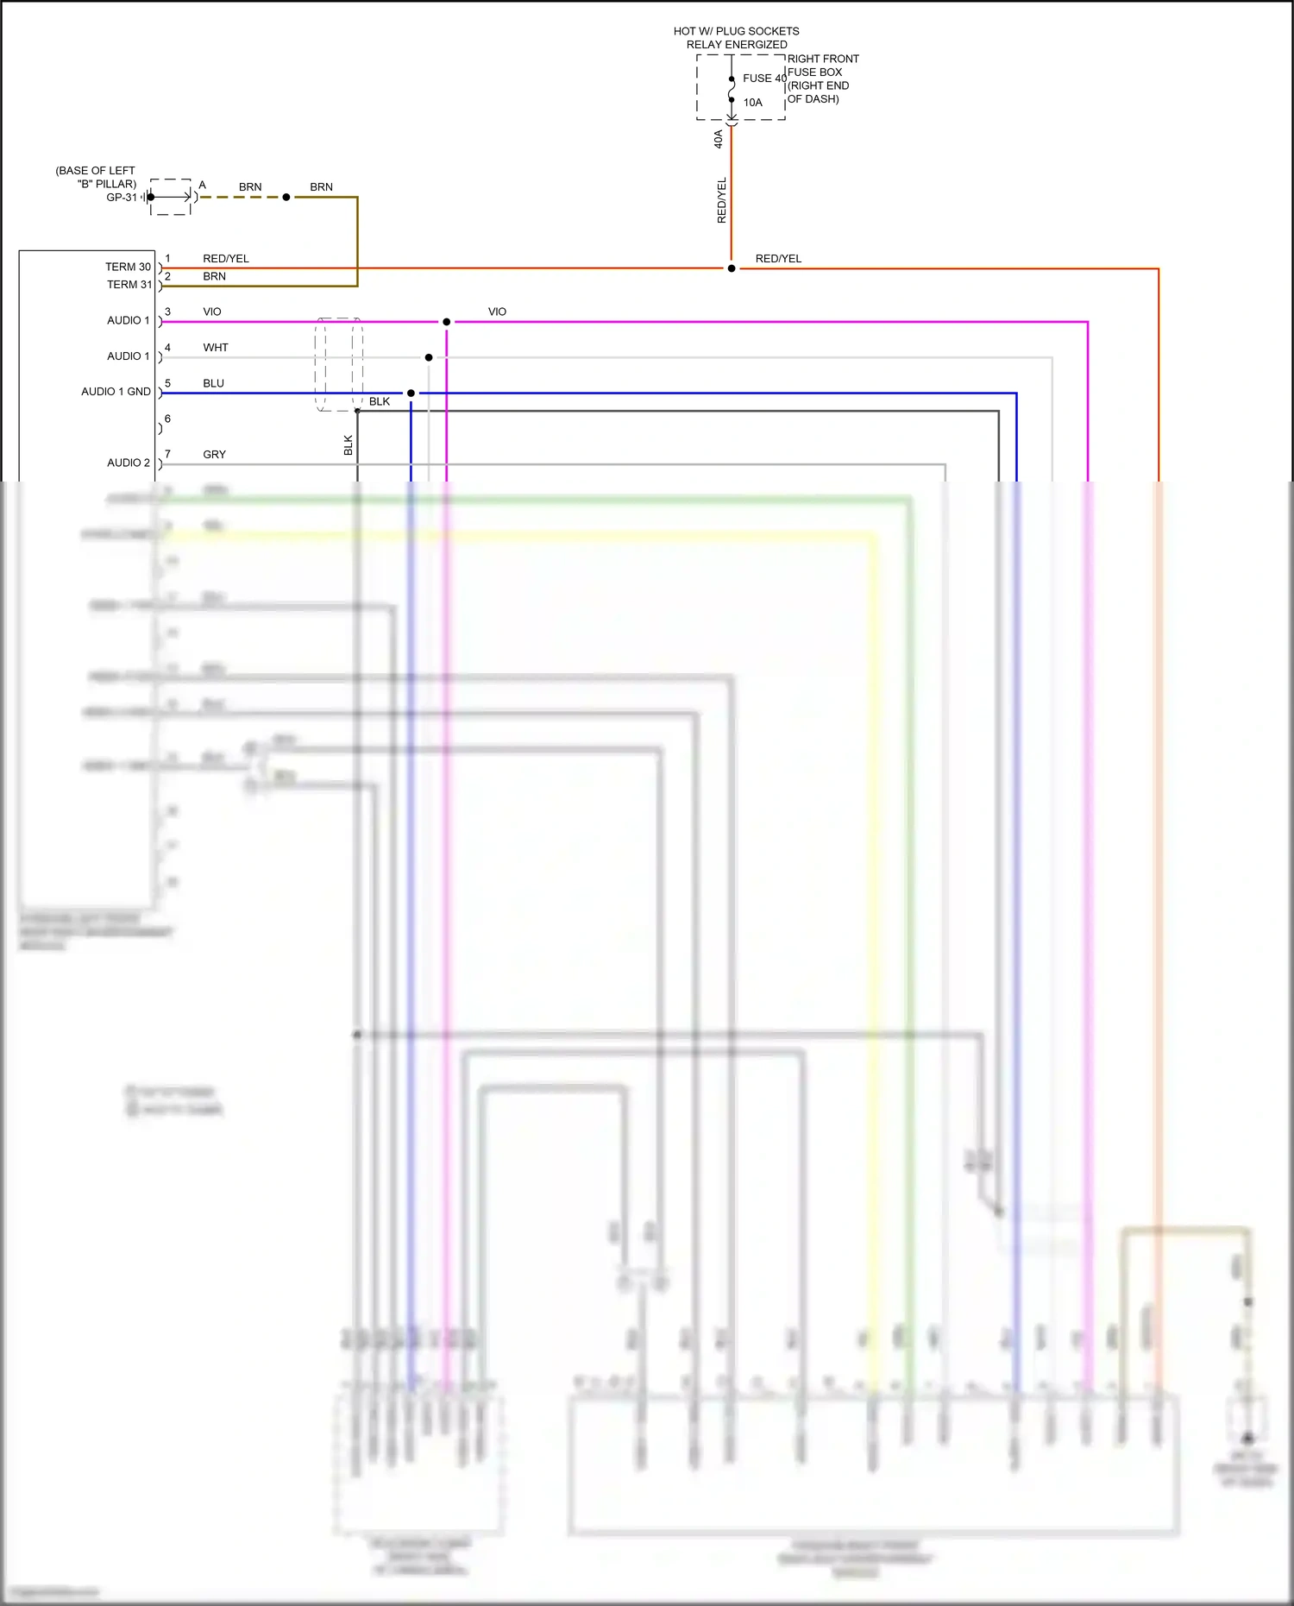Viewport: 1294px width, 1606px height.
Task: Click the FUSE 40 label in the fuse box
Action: (x=763, y=79)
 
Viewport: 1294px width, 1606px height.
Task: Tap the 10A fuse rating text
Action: (x=752, y=103)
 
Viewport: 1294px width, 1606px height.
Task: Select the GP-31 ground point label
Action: (x=122, y=198)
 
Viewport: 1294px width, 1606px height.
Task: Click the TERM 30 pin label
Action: (x=128, y=267)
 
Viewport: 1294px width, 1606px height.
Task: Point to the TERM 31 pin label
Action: (x=129, y=285)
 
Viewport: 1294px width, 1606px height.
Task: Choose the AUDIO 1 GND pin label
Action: (x=116, y=392)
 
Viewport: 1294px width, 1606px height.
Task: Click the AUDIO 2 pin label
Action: (x=128, y=463)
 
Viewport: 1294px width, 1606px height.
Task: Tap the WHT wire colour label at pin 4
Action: (x=215, y=348)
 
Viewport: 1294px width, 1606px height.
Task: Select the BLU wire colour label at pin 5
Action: (x=213, y=383)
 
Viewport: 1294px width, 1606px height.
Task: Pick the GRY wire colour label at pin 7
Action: (x=214, y=455)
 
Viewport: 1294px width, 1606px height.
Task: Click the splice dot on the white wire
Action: (x=429, y=357)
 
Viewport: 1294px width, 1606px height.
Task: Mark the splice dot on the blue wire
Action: (x=411, y=394)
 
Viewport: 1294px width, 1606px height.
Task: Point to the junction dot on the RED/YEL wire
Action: (x=732, y=268)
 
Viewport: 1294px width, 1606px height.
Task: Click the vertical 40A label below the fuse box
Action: (x=718, y=139)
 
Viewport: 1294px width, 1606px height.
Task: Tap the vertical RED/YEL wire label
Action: (x=722, y=200)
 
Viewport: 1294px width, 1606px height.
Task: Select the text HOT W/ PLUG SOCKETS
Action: (x=736, y=31)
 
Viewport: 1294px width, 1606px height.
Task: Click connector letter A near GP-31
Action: (x=203, y=185)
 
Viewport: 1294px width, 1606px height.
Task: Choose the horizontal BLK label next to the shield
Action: (x=379, y=401)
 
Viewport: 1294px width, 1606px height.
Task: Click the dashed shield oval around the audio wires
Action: (x=338, y=364)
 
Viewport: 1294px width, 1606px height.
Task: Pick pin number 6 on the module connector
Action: (x=167, y=419)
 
